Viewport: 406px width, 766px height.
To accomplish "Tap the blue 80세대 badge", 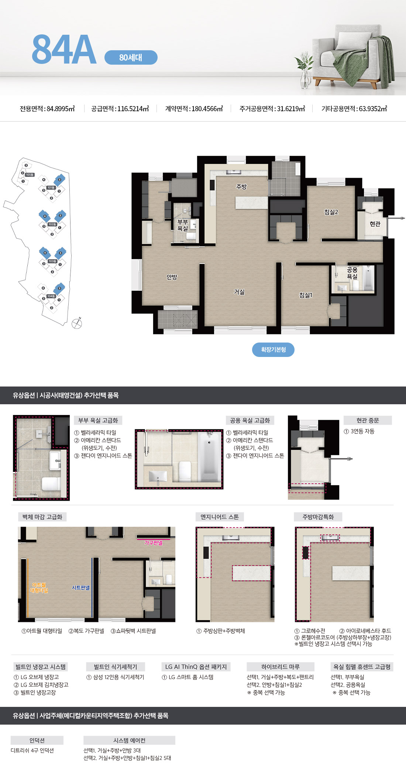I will pos(131,58).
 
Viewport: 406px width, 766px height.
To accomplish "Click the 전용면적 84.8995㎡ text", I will pos(47,109).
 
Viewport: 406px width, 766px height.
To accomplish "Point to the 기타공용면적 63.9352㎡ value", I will pos(354,109).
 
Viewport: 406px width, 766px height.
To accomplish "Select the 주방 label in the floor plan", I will pos(241,187).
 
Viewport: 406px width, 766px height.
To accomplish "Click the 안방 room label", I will pos(172,277).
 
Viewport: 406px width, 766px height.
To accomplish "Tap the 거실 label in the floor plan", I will pos(239,292).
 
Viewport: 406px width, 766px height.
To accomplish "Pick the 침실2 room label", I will pos(331,212).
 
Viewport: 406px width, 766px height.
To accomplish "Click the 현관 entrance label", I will pos(375,224).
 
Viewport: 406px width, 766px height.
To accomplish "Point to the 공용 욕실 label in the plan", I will pos(352,273).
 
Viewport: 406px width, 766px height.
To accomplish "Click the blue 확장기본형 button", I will pos(273,350).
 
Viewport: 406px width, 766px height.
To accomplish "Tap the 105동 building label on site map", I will pos(30,174).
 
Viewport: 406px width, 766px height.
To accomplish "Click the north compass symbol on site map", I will pos(77,323).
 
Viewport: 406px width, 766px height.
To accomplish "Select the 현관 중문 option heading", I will pos(367,421).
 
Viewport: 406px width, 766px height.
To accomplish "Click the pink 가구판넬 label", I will pos(153,543).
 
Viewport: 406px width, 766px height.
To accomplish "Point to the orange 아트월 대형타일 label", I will pos(39,588).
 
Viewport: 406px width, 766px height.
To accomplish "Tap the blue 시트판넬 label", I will pos(80,588).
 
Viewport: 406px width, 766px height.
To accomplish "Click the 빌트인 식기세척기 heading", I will pos(115,667).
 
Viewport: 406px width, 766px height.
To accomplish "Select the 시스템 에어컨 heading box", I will pos(129,740).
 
